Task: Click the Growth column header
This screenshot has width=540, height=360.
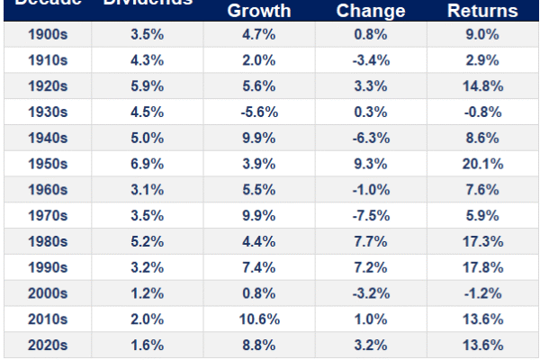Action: coord(259,12)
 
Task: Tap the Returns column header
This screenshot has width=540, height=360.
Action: coord(482,12)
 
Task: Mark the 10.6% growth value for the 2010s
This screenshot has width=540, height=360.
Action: coord(259,318)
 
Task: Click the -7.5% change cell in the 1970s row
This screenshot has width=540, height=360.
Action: coord(371,216)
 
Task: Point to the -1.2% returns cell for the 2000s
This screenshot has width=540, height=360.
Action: coord(482,292)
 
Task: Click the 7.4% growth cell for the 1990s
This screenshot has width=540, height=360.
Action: coord(259,267)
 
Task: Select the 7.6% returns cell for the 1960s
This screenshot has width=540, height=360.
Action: coord(483,191)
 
